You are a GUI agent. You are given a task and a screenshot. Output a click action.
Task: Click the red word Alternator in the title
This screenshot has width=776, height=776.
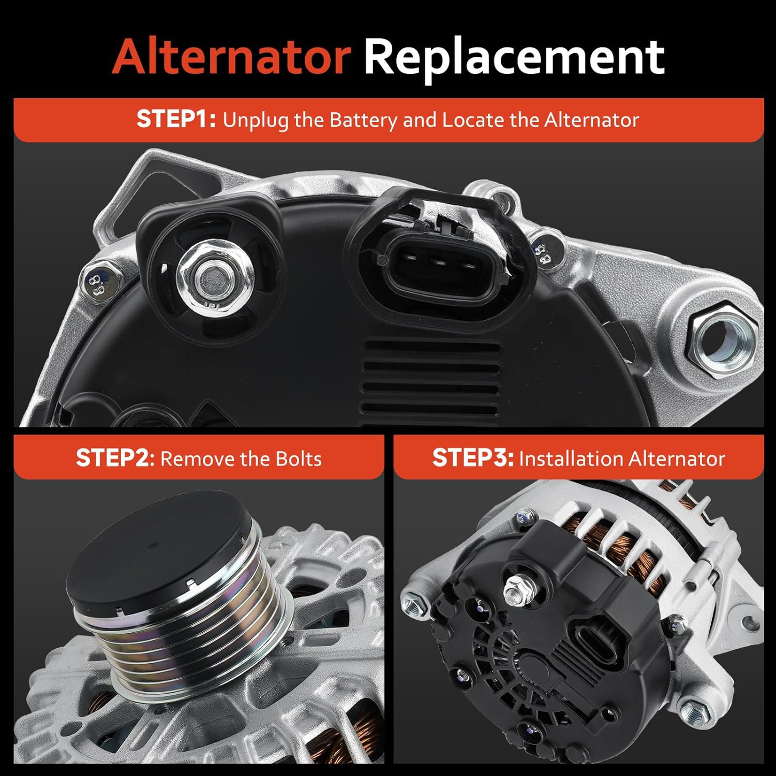(x=231, y=56)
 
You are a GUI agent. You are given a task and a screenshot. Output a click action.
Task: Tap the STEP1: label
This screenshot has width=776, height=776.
(x=176, y=120)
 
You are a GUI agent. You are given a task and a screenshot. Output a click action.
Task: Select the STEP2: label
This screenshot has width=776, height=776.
(x=115, y=458)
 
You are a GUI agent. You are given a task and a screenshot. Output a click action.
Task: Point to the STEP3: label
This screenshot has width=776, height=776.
(x=472, y=458)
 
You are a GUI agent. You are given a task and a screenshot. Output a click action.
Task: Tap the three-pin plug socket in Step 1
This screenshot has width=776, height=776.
(x=440, y=262)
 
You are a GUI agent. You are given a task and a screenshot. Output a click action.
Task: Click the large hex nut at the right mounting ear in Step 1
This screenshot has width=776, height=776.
(x=722, y=339)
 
